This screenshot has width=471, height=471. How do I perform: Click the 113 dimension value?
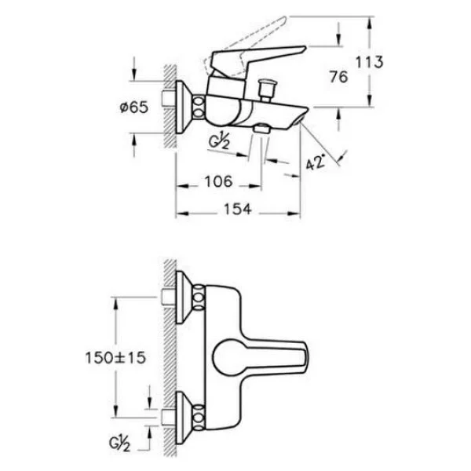[x=370, y=62]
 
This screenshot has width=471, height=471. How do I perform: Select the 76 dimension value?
[x=338, y=77]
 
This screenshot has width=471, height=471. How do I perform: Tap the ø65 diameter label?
[x=134, y=108]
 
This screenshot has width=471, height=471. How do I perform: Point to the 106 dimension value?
[x=219, y=181]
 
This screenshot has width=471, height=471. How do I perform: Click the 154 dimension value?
[x=238, y=209]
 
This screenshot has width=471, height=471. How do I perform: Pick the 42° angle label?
[x=316, y=162]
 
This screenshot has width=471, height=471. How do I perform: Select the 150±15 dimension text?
[x=115, y=358]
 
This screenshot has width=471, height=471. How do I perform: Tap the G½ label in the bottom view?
[x=119, y=444]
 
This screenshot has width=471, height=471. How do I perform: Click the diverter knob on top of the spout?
[x=265, y=89]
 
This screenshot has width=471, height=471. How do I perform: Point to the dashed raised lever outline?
[x=244, y=43]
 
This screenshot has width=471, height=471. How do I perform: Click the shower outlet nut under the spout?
[x=262, y=128]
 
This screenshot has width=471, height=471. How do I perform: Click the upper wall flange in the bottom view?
[x=184, y=298]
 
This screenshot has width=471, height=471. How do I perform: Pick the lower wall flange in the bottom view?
[x=184, y=418]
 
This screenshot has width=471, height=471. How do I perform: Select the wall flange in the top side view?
[x=183, y=107]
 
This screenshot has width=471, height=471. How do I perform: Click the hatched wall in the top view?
[x=170, y=106]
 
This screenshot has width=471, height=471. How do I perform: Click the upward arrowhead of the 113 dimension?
[x=370, y=23]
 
